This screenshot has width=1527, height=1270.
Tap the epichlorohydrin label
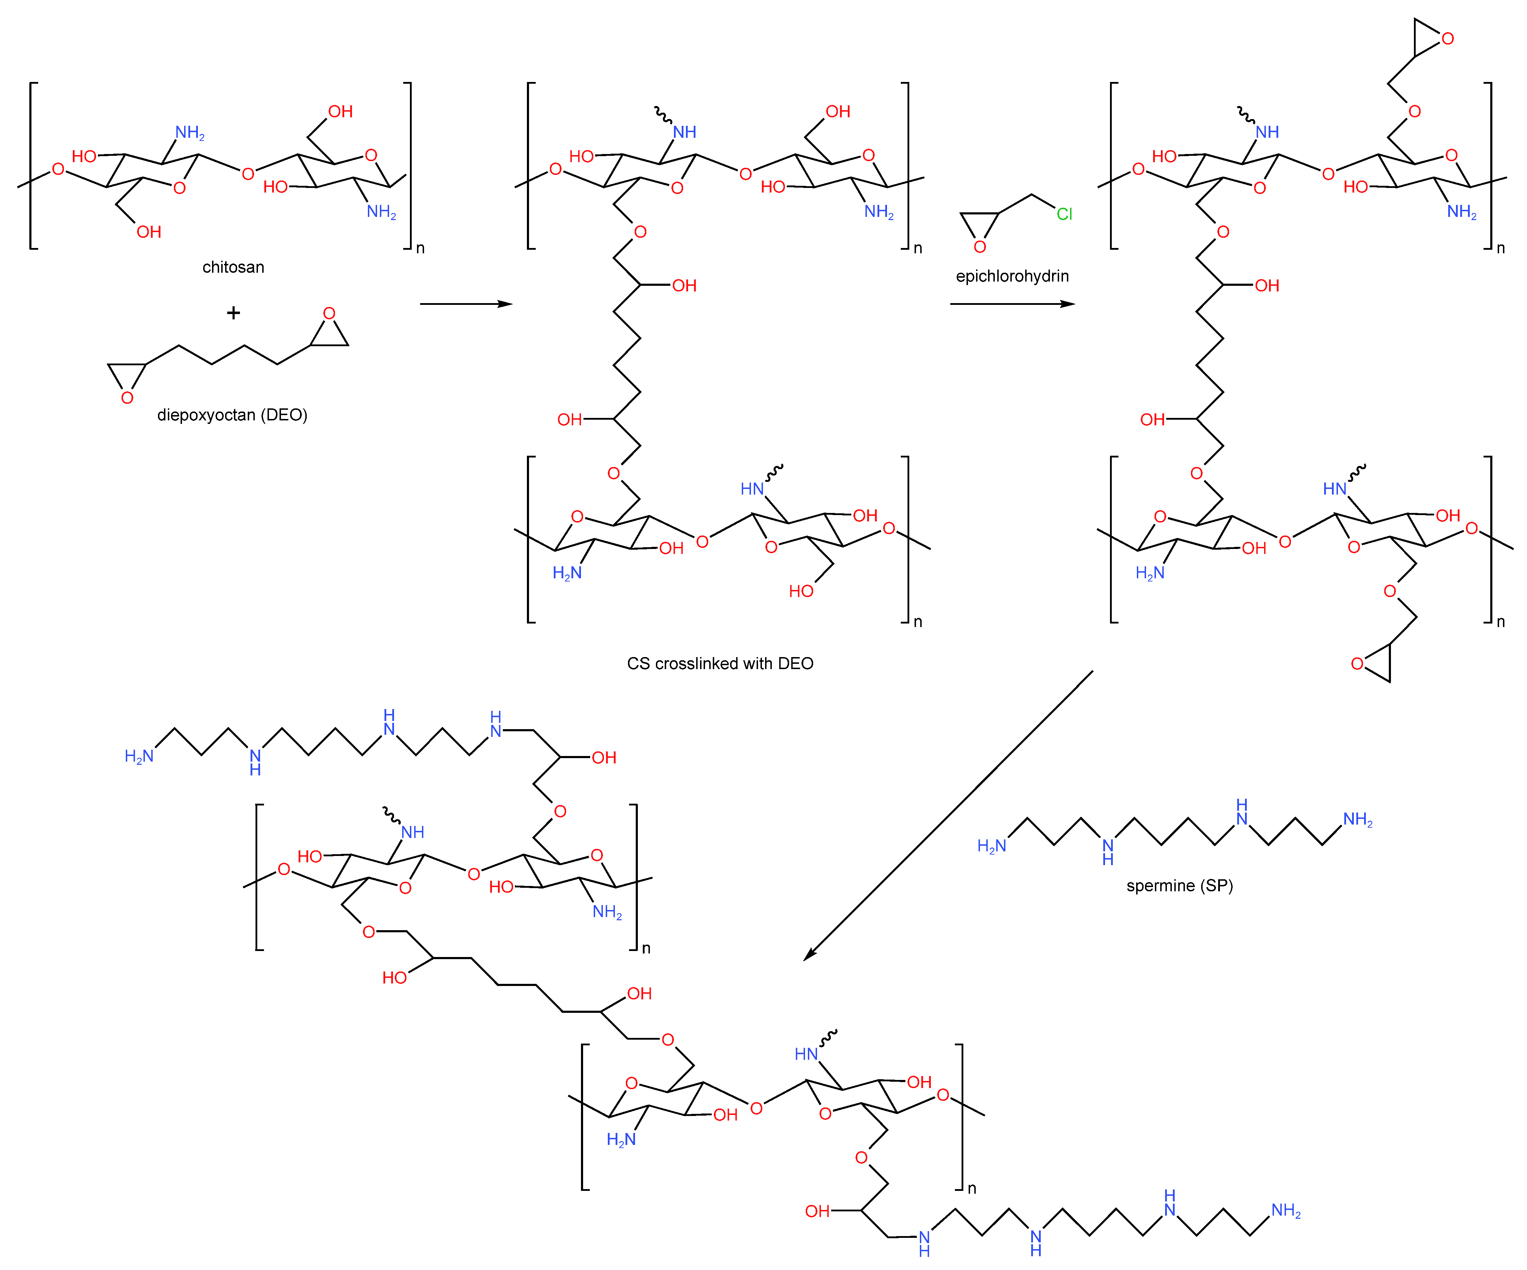pos(1012,276)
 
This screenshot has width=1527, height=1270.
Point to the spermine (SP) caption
pos(1179,885)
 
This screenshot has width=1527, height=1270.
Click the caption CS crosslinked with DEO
pos(720,663)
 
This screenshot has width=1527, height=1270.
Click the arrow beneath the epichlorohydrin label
pos(1012,304)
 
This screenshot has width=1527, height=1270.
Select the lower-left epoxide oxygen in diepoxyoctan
pos(127,398)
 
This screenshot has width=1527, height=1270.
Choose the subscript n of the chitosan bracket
pos(420,249)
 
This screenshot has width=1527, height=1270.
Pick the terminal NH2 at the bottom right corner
pos(1286,1210)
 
